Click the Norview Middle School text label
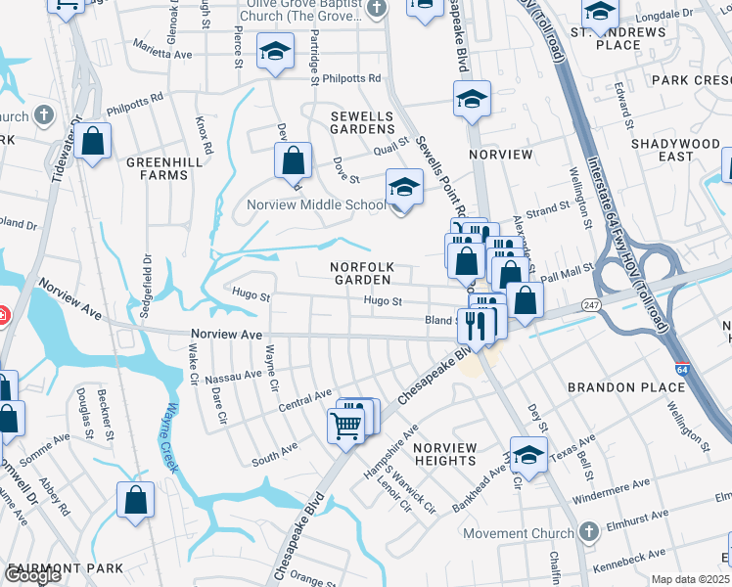pos(316,205)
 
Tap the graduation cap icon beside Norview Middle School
pos(403,187)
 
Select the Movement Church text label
pos(516,533)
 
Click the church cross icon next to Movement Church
pos(587,532)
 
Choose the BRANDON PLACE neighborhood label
pos(626,387)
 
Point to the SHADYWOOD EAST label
pos(675,150)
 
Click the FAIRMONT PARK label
pos(66,568)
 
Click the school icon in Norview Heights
pos(528,455)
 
